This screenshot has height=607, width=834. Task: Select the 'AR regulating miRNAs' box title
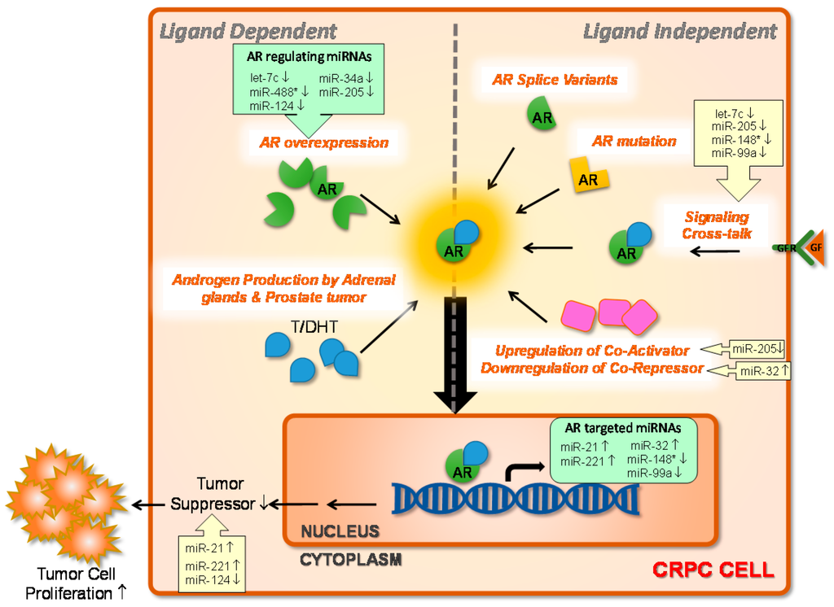(309, 58)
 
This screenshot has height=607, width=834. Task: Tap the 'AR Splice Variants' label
(555, 80)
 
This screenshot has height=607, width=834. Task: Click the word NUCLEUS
(340, 531)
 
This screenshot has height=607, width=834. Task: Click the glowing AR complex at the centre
(457, 241)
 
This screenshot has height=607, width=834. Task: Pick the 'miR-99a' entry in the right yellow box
(735, 152)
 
